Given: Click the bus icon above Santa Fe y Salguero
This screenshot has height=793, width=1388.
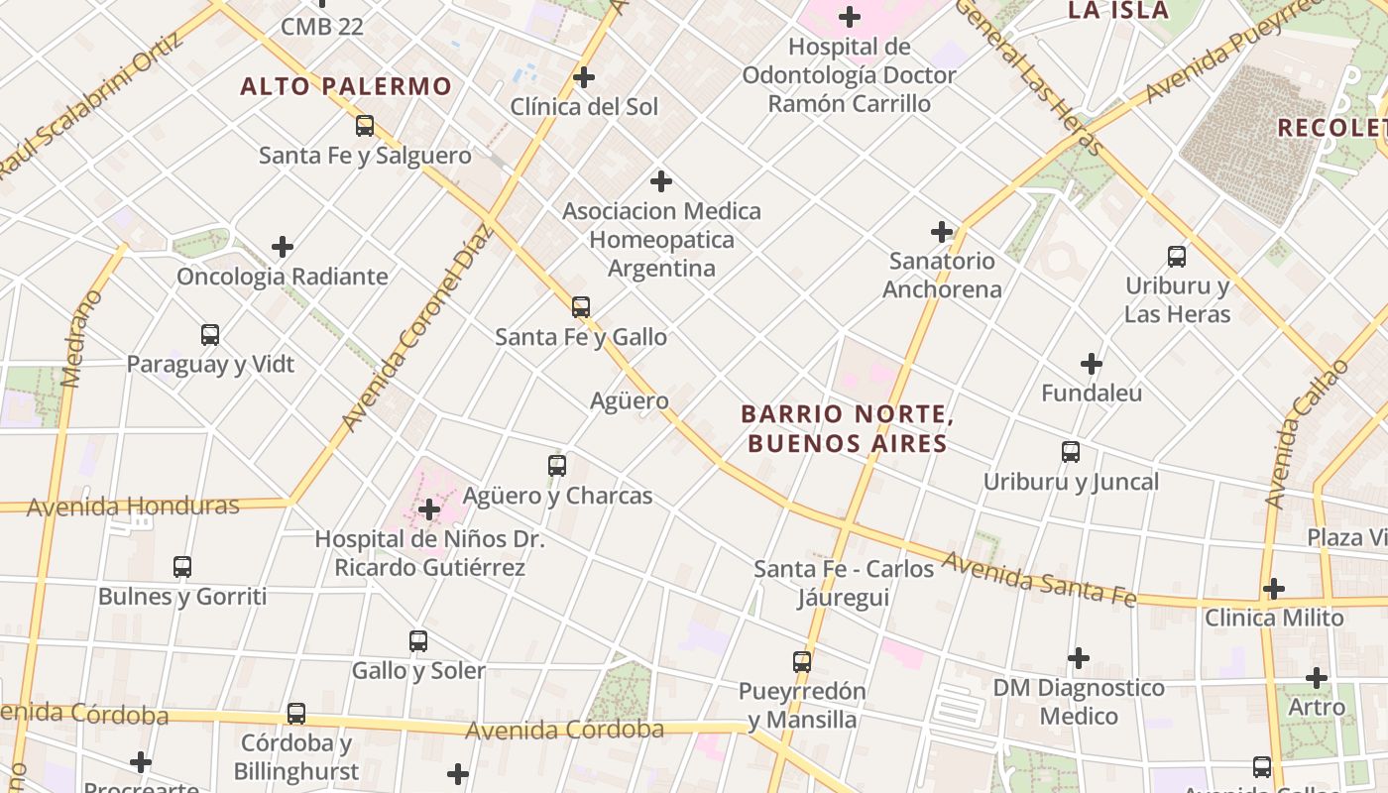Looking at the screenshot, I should click(365, 126).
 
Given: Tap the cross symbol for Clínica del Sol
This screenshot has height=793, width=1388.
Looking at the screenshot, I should click(584, 77).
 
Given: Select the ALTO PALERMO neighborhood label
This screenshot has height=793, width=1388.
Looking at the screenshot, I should click(346, 86).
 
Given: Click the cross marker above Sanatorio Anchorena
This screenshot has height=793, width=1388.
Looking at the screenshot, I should click(942, 232).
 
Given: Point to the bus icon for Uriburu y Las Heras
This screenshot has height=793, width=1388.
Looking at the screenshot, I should click(1177, 257).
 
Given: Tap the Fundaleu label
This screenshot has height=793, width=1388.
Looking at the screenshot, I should click(1091, 394).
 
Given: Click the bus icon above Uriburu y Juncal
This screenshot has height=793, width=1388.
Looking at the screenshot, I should click(1071, 452).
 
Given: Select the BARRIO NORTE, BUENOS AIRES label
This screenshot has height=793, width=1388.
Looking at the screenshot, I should click(847, 428).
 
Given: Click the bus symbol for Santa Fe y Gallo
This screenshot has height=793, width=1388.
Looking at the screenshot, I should click(581, 307).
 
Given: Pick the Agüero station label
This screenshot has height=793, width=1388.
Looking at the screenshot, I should click(629, 401).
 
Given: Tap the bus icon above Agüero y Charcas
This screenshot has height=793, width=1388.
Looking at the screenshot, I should click(557, 465).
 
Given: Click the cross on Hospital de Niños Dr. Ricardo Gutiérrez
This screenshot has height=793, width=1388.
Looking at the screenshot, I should click(429, 510).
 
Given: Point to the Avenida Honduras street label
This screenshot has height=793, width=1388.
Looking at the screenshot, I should click(133, 507).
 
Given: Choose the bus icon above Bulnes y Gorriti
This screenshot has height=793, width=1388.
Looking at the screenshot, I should click(182, 567).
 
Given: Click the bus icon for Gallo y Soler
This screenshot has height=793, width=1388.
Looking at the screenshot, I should click(418, 641).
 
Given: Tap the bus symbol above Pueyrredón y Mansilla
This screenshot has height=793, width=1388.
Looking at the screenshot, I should click(802, 661).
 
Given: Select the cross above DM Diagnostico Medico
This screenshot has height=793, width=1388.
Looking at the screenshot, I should click(1079, 658).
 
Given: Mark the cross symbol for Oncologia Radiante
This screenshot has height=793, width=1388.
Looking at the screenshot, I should click(283, 247).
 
